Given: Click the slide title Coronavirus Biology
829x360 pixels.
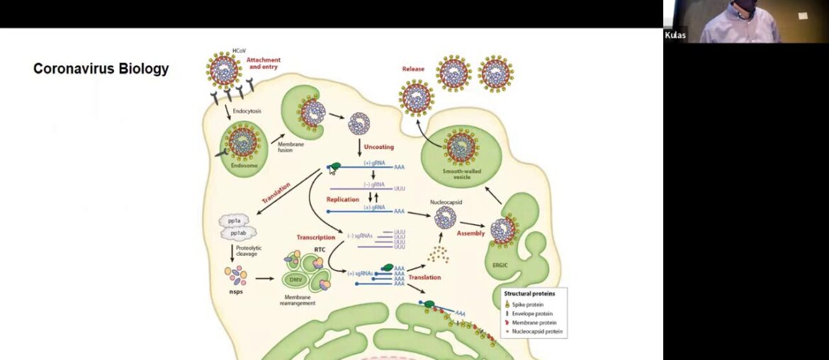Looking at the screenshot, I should (x=101, y=69).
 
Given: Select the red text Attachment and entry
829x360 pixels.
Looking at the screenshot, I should (x=264, y=64).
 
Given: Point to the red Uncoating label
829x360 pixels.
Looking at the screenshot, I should (x=378, y=147).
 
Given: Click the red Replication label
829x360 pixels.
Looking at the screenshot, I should (x=343, y=200).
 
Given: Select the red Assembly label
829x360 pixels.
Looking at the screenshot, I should (x=470, y=233).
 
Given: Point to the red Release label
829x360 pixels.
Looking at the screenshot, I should (x=413, y=69).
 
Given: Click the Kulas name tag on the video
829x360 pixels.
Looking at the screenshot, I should (x=675, y=35).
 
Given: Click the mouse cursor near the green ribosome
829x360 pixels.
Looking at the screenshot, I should (x=332, y=170).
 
